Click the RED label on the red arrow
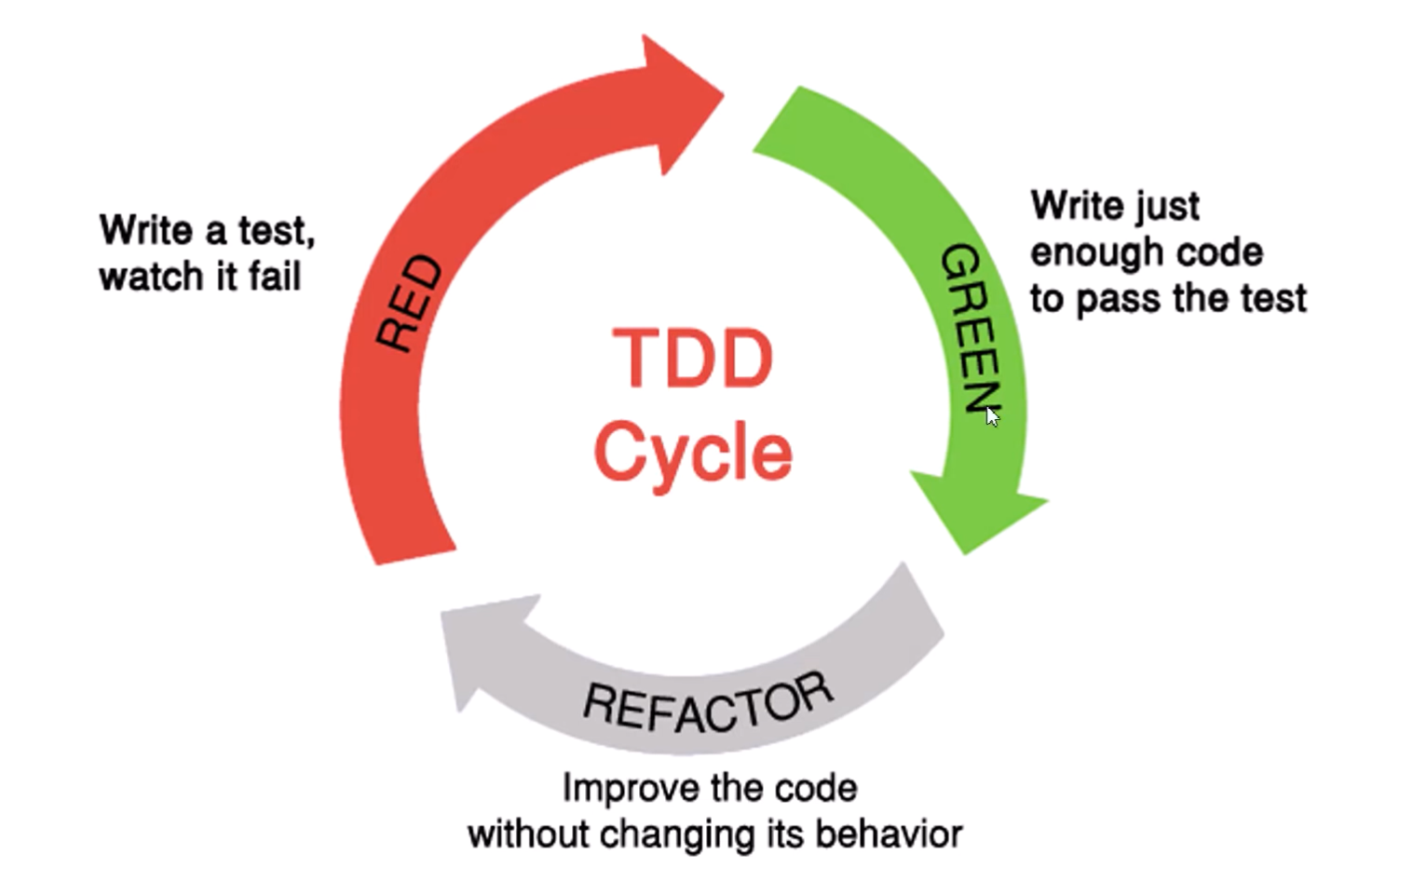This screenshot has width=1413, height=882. click(408, 303)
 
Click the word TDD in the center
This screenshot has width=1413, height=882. click(692, 359)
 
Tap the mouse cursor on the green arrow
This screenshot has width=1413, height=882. click(993, 416)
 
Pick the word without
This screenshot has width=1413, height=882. click(529, 835)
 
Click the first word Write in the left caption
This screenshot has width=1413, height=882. click(146, 230)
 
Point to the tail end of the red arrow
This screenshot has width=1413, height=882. click(416, 557)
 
